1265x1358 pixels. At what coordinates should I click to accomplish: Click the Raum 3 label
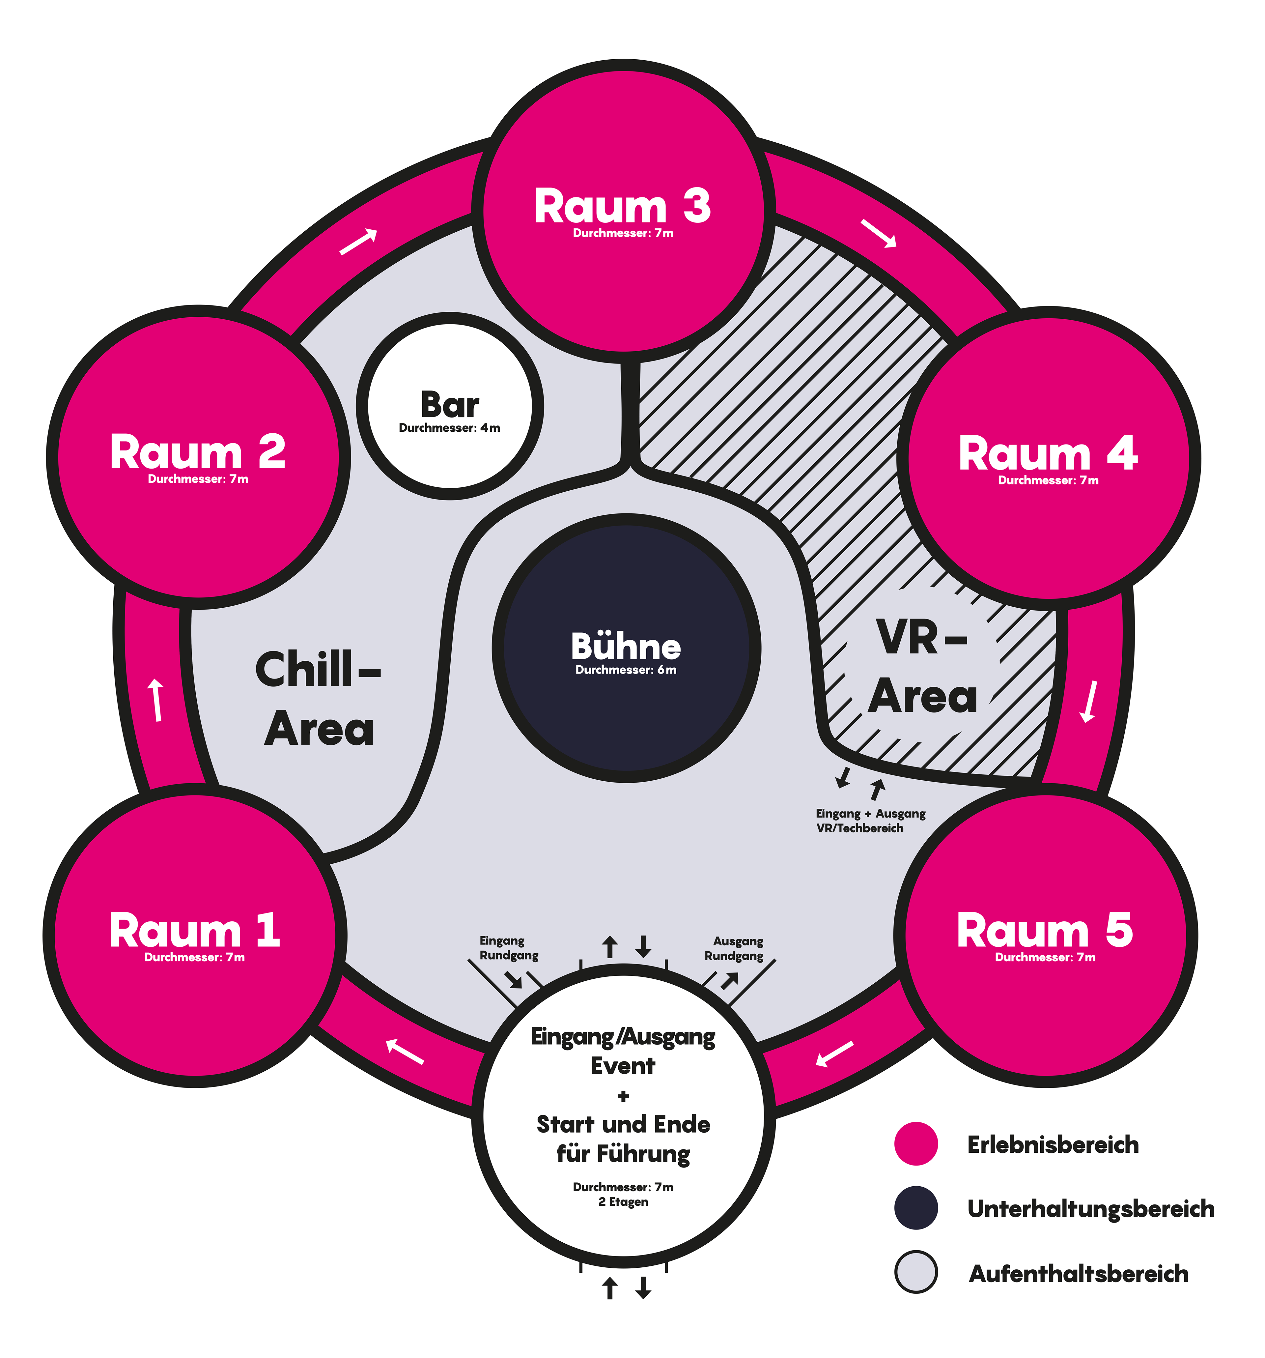click(622, 206)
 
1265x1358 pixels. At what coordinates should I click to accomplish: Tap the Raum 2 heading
click(197, 452)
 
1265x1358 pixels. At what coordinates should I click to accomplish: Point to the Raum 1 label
click(195, 930)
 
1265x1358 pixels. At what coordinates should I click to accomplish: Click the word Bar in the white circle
click(449, 405)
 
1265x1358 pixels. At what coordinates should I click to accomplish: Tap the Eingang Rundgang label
click(508, 948)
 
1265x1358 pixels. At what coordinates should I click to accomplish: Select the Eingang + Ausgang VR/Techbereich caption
click(870, 821)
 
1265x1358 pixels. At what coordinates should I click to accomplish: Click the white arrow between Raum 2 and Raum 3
click(359, 241)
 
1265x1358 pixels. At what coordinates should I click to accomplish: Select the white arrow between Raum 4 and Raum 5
click(1088, 702)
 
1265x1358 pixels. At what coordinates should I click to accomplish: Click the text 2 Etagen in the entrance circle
click(623, 1201)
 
